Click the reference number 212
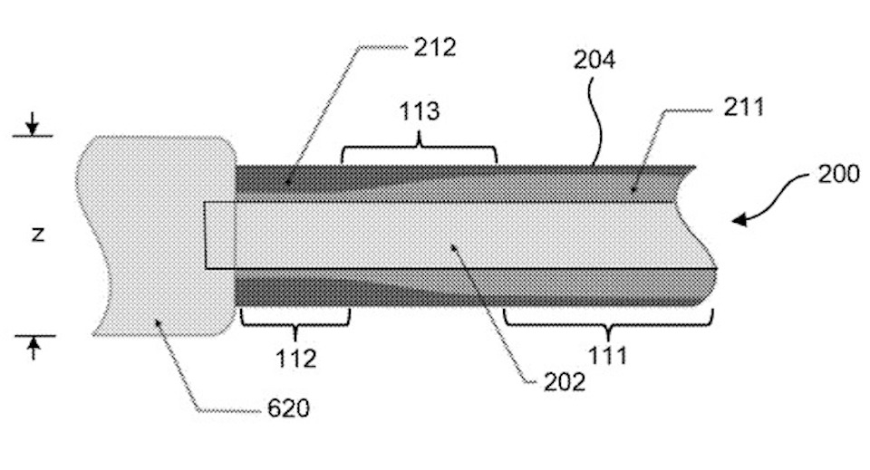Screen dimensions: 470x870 435,47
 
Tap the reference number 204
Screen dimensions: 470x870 594,61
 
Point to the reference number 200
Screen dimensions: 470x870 838,173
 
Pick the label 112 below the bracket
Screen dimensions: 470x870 297,359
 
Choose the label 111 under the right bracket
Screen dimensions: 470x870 607,355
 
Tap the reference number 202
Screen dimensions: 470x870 563,381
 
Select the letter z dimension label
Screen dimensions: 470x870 37,235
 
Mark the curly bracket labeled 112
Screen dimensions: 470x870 295,320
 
